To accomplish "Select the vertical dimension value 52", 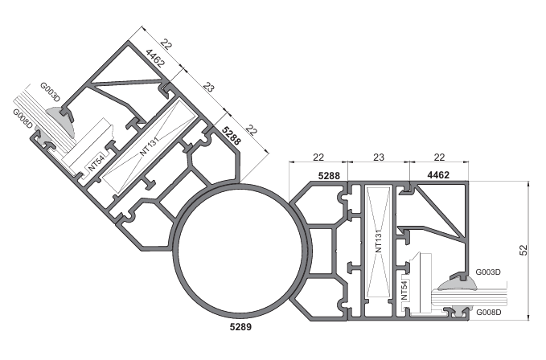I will pyautogui.click(x=523, y=250).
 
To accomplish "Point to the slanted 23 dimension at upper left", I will pyautogui.click(x=208, y=86).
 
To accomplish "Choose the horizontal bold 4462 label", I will pyautogui.click(x=439, y=174).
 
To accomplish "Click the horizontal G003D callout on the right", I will pyautogui.click(x=489, y=273).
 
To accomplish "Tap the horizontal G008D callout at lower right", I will pyautogui.click(x=489, y=312).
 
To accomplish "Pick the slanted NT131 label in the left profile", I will pyautogui.click(x=150, y=143).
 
